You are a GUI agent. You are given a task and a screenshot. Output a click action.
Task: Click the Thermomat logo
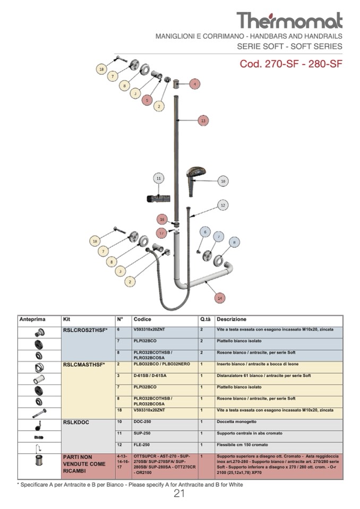[289, 20]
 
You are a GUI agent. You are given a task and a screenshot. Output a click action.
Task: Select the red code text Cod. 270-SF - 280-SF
[291, 64]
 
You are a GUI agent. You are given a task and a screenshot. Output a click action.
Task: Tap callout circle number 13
[203, 121]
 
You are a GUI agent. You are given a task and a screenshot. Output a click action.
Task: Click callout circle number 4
[195, 84]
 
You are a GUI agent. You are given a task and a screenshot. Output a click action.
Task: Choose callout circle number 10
[223, 181]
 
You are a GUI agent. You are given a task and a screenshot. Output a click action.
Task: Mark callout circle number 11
[158, 178]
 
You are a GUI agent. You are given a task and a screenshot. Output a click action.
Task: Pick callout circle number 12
[223, 205]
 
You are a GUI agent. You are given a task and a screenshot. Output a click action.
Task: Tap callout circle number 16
[163, 219]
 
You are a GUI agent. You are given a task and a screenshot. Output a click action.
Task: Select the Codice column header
[142, 320]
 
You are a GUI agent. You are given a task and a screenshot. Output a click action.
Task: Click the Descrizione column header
[231, 320]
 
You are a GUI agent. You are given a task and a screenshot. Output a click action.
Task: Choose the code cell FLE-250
[142, 445]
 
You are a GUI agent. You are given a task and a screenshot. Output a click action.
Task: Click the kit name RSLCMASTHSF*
[84, 365]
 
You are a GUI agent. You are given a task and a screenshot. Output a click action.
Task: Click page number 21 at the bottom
[179, 494]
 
